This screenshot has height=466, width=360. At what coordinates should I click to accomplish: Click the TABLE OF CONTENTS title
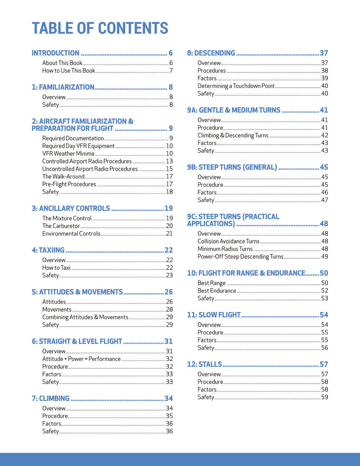click(x=100, y=28)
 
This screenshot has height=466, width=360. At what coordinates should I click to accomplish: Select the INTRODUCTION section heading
click(x=56, y=53)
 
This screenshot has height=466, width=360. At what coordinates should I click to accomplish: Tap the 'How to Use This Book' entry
click(x=69, y=70)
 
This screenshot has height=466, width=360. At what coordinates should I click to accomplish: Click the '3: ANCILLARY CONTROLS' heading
click(x=71, y=208)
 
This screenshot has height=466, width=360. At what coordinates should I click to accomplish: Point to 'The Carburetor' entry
click(x=61, y=226)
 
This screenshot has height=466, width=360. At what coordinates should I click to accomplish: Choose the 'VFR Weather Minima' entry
click(x=68, y=154)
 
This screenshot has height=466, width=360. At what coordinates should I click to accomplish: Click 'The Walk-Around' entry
click(x=63, y=176)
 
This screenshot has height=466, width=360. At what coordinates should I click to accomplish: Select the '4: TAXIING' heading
click(x=48, y=250)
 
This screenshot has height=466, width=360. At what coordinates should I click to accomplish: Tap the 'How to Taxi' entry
click(x=56, y=268)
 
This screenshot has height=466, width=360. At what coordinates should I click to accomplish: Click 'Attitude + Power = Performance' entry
click(x=81, y=359)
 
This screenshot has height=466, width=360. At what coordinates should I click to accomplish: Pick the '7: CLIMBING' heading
click(x=51, y=399)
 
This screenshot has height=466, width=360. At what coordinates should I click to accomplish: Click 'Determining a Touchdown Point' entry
click(x=236, y=86)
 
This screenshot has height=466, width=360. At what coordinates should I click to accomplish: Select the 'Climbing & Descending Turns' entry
click(x=233, y=135)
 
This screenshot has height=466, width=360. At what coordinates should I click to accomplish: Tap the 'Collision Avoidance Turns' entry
click(x=228, y=241)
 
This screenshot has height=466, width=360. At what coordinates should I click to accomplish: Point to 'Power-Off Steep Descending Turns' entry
click(x=241, y=256)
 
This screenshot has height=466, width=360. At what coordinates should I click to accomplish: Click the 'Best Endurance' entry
click(x=217, y=291)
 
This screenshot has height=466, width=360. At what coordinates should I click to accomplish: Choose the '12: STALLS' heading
click(x=204, y=364)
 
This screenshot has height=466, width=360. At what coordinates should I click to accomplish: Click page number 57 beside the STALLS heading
click(x=324, y=364)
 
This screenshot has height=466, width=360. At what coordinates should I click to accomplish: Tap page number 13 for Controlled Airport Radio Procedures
click(x=169, y=161)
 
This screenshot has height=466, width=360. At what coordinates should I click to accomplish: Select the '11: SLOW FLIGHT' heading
click(x=214, y=315)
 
